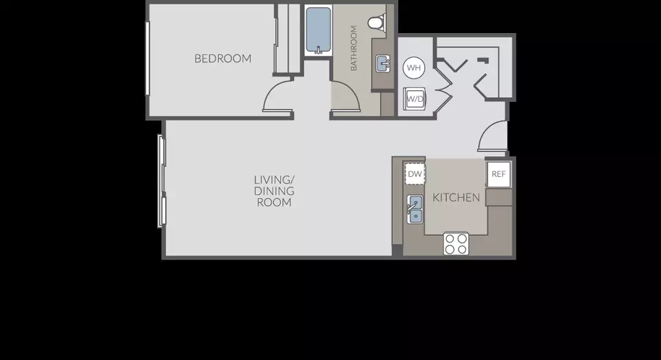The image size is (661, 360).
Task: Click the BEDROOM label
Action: (x=222, y=59)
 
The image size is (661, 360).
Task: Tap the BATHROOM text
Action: (x=354, y=48)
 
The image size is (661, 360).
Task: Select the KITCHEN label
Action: (x=456, y=198)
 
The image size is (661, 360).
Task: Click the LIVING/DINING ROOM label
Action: (x=274, y=191)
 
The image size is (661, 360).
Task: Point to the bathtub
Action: (x=318, y=30)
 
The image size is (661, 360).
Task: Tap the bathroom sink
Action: (x=383, y=63)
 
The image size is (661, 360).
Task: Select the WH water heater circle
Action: (x=414, y=67)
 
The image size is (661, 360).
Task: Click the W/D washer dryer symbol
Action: (x=415, y=99)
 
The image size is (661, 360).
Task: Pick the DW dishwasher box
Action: (x=415, y=173)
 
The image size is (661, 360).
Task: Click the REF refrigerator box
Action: (x=499, y=173)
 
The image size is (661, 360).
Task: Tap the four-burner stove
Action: (x=456, y=244)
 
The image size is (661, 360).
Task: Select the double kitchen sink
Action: (x=415, y=209)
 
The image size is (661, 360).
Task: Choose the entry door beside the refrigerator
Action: (x=492, y=136)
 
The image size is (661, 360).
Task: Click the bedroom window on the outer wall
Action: (x=147, y=59)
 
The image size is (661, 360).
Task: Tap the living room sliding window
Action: (x=162, y=181)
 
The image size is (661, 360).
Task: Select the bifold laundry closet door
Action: (x=443, y=89)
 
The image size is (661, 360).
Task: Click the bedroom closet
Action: (x=288, y=39)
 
